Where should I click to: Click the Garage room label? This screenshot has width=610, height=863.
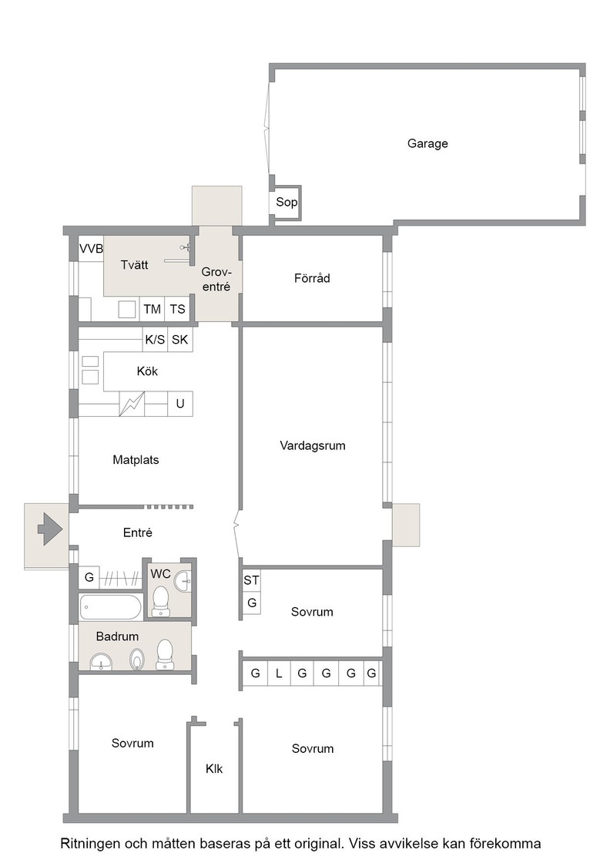click(427, 143)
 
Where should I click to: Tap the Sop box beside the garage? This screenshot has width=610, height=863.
click(287, 203)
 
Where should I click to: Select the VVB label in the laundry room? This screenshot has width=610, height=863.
click(92, 249)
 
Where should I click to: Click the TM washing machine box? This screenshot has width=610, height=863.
click(152, 309)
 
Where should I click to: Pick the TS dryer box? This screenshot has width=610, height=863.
click(177, 309)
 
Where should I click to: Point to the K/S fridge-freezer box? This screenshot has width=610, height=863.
click(155, 340)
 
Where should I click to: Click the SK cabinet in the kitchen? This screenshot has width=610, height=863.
click(180, 340)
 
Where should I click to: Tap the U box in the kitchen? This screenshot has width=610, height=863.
click(180, 404)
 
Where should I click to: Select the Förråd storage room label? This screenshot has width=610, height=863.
click(312, 278)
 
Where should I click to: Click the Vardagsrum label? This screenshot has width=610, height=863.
click(313, 445)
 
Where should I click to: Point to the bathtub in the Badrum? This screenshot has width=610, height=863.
click(111, 607)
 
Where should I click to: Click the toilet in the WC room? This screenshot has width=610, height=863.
click(161, 601)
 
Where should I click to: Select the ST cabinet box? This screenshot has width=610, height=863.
click(251, 580)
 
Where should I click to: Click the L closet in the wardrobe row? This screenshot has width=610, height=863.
click(279, 673)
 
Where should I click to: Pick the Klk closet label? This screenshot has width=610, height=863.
click(214, 769)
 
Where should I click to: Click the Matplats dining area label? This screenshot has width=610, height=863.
click(136, 459)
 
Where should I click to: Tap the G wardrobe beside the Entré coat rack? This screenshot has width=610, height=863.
click(89, 578)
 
